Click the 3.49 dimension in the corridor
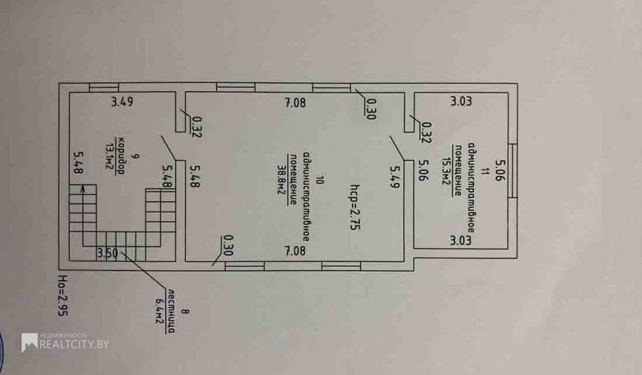(x=122, y=102)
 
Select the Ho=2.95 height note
(x=63, y=296)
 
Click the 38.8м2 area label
(x=282, y=180)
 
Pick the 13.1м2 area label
(x=110, y=156)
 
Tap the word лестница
(x=171, y=311)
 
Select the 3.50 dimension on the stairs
(x=107, y=253)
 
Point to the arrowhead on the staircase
(x=83, y=189)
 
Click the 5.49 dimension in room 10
(x=395, y=177)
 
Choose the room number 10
(x=320, y=180)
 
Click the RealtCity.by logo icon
(x=30, y=343)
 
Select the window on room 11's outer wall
(x=513, y=171)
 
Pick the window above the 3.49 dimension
(x=104, y=87)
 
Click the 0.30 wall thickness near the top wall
(x=371, y=109)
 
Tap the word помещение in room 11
(x=459, y=171)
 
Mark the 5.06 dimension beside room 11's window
(x=500, y=170)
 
